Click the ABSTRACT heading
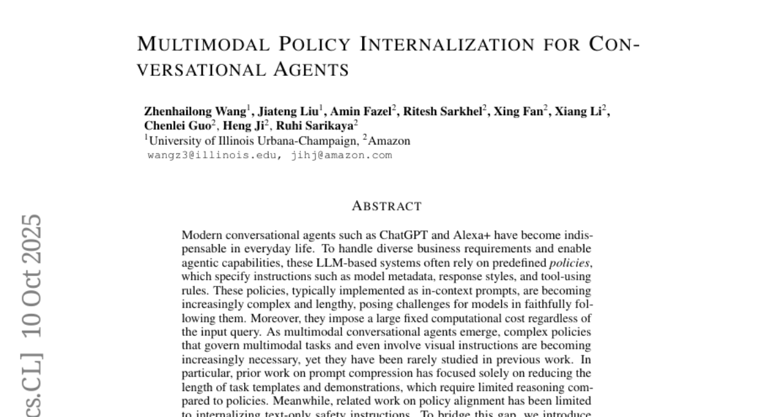coord(386,207)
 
